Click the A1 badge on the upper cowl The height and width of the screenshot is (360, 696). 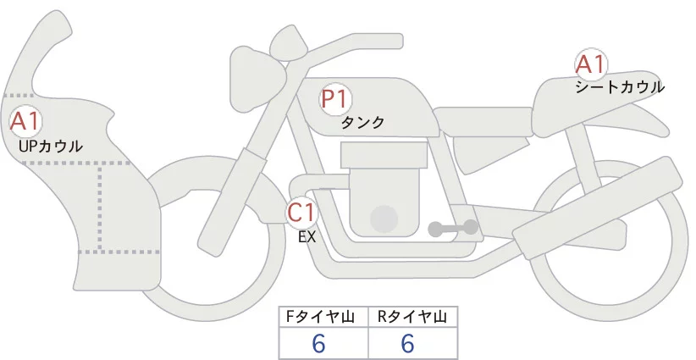[x=25, y=121]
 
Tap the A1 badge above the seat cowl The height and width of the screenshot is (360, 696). [x=589, y=64]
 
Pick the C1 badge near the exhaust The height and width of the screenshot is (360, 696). [x=301, y=212]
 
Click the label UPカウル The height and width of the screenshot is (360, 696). [x=50, y=147]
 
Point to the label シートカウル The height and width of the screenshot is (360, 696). [x=619, y=86]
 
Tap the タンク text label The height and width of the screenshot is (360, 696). [x=363, y=122]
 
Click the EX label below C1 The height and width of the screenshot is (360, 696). [x=307, y=237]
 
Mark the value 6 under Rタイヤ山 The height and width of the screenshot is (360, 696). [x=407, y=343]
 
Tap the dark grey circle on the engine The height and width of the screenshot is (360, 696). [x=384, y=219]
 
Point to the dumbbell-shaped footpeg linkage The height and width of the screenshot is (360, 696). [x=453, y=228]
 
